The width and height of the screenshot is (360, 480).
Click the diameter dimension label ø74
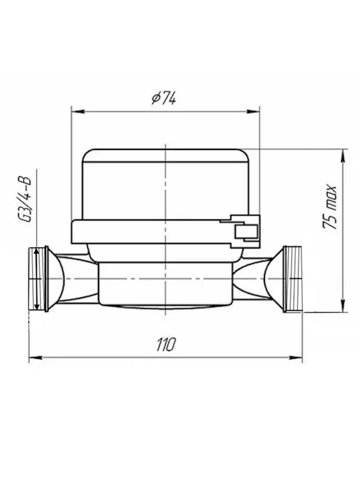163,98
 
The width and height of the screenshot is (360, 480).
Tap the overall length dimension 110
166,345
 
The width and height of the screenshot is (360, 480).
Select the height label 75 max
330,207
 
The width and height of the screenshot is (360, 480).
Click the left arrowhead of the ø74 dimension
77,112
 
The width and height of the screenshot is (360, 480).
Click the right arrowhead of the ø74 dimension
253,112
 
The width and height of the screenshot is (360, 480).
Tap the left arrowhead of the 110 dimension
35,357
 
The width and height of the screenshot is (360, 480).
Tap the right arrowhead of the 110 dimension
296,357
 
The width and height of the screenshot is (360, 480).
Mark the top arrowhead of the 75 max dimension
344,155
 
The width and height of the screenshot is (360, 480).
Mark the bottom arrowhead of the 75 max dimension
344,306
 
